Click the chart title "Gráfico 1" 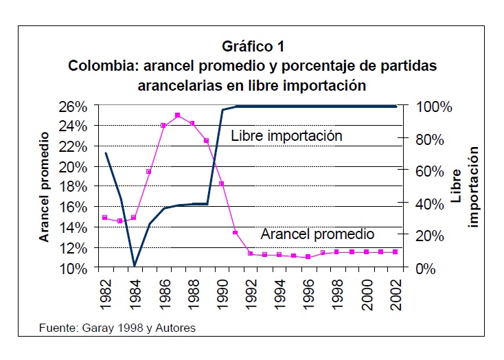(253, 47)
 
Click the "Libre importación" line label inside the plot (286, 135)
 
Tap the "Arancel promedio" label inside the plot (317, 234)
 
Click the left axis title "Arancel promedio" (44, 187)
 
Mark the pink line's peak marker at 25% (178, 115)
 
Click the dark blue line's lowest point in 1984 (135, 266)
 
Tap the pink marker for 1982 (105, 218)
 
